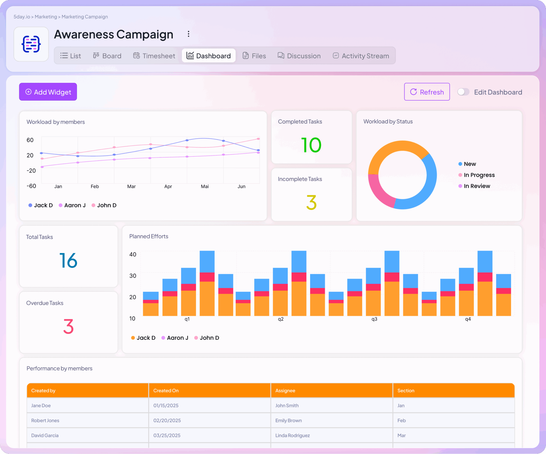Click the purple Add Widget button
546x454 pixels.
click(48, 92)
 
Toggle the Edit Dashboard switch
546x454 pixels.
click(463, 92)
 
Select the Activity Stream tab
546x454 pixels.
click(361, 56)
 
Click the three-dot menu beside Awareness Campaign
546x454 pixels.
click(188, 34)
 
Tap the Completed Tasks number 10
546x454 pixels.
click(311, 145)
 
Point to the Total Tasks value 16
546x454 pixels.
click(69, 260)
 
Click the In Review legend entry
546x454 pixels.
click(476, 186)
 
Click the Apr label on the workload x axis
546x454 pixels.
click(168, 187)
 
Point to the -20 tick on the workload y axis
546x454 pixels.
click(31, 171)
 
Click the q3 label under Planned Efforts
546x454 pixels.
click(374, 319)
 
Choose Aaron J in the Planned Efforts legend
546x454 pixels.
click(177, 338)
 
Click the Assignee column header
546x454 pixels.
click(285, 390)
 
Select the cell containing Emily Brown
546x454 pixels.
click(288, 420)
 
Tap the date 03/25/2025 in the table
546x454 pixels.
click(167, 435)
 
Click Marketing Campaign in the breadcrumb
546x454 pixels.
click(85, 17)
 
